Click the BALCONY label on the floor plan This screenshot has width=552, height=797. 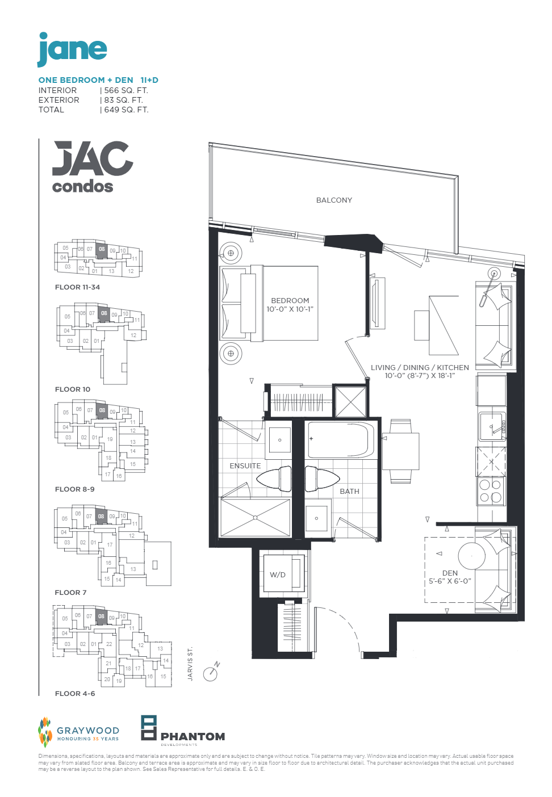[x=334, y=200]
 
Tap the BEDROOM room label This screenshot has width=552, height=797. [x=290, y=301]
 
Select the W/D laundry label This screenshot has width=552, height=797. [x=278, y=575]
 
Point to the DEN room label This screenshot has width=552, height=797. [x=450, y=573]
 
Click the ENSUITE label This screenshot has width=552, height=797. [x=245, y=466]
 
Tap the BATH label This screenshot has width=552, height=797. [x=349, y=492]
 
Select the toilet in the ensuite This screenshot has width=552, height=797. [x=275, y=479]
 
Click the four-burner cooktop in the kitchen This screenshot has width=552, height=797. [x=491, y=491]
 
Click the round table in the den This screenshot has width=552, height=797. [x=471, y=556]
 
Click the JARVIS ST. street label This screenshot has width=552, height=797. [x=190, y=664]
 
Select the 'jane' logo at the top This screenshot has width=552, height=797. [x=72, y=49]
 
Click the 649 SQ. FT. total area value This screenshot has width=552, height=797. [x=126, y=110]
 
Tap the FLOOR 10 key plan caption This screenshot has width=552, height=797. [x=73, y=389]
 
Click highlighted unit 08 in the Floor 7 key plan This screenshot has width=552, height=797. [x=101, y=517]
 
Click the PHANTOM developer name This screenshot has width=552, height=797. [x=193, y=737]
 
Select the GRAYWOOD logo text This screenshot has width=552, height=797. [x=88, y=731]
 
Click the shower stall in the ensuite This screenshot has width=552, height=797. [x=255, y=518]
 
